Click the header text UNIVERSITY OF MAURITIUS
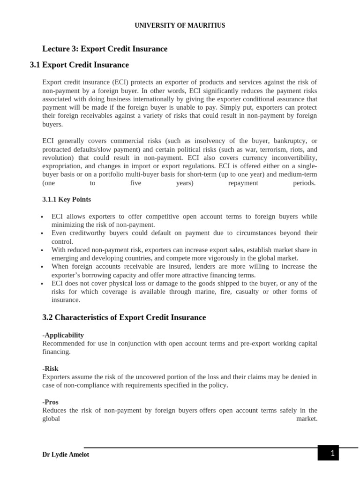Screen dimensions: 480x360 180,25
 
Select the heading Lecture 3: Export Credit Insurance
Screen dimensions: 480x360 105,49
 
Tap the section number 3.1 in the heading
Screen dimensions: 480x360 35,65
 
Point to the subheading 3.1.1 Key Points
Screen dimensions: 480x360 67,199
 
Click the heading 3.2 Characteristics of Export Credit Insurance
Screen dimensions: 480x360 124,317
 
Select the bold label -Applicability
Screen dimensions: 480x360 63,335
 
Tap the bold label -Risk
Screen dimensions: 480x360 50,368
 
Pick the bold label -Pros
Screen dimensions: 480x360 50,402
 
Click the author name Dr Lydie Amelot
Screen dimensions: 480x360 66,454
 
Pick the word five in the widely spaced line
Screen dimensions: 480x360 135,183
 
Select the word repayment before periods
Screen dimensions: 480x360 243,183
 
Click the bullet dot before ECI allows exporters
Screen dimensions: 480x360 42,217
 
